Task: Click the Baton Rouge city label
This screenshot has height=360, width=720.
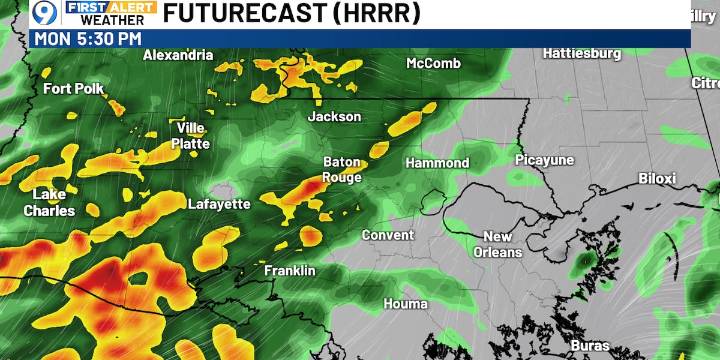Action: pos(341,170)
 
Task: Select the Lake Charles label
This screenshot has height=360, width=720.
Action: pos(49,202)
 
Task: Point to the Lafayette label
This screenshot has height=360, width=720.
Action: pos(219,204)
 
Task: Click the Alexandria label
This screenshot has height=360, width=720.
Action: pos(178,56)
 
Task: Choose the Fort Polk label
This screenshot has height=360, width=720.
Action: pos(73,89)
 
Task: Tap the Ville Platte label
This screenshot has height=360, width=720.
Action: pos(193,135)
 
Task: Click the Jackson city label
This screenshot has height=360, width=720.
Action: pos(334,117)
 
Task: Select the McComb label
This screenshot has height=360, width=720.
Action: pos(433,64)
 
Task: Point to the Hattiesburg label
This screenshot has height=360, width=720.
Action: pos(582,53)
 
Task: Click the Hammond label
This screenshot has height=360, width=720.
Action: pos(437,163)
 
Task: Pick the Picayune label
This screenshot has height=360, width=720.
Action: pos(544,160)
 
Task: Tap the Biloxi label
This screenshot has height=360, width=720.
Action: pos(658,179)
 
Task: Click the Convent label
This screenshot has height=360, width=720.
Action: pos(387,235)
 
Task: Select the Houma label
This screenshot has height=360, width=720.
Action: pos(405,303)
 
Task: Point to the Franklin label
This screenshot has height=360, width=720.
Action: pos(290,271)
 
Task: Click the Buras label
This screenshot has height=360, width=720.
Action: pos(590,346)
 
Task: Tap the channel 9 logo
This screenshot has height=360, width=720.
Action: pos(44,14)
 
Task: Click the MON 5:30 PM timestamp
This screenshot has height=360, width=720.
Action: pos(88,38)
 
